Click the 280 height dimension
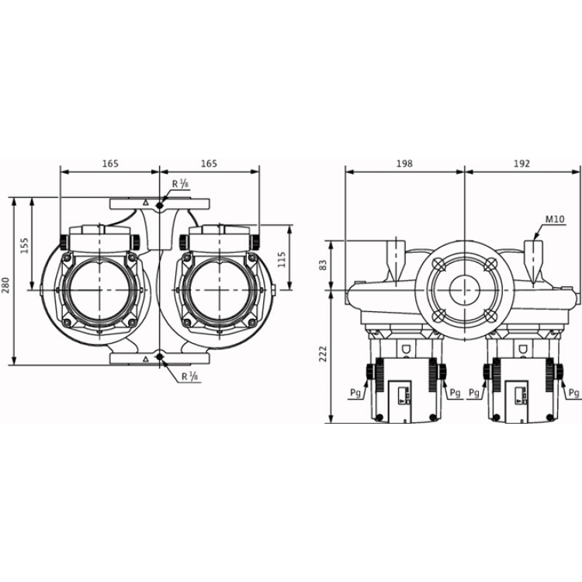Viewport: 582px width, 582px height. click(x=6, y=284)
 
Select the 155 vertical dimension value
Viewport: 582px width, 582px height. click(x=24, y=245)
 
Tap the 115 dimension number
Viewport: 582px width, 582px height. click(x=282, y=259)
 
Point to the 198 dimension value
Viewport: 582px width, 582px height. click(x=404, y=163)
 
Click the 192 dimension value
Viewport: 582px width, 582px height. click(x=522, y=163)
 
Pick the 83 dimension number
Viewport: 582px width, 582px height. click(x=324, y=265)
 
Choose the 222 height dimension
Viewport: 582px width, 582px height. click(x=324, y=354)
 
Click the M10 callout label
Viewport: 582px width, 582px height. click(x=555, y=220)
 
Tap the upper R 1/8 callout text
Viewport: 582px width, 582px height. click(x=181, y=184)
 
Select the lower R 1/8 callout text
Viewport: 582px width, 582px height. click(x=189, y=376)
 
